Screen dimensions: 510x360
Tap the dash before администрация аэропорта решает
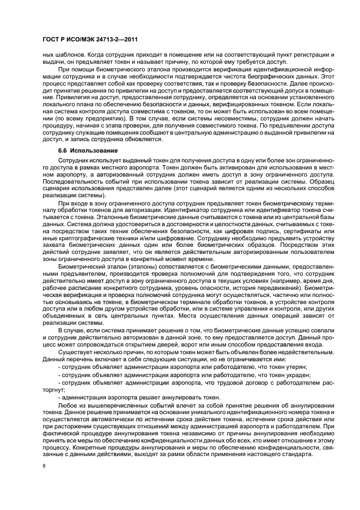tap(59, 398)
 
